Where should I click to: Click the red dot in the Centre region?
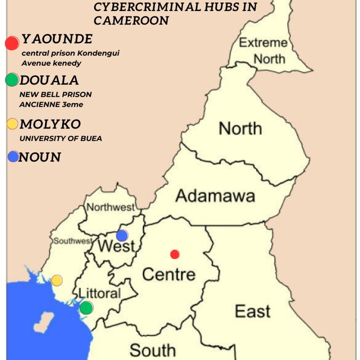(175, 254)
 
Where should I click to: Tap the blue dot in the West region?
(122, 235)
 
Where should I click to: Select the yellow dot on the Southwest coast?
(57, 280)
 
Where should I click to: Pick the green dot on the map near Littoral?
(86, 308)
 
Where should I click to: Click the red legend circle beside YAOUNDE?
(12, 43)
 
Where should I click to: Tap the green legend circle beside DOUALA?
(12, 80)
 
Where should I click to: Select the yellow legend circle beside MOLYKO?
(12, 124)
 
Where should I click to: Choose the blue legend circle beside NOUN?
(13, 156)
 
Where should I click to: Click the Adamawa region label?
(215, 196)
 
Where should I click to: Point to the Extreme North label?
(264, 51)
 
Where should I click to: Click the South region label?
(153, 350)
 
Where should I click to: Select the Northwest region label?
(111, 207)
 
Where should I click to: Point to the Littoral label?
(99, 293)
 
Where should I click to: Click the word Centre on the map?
(168, 274)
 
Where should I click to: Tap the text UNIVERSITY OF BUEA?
(60, 139)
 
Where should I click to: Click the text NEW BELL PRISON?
(55, 95)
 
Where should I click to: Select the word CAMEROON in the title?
(131, 21)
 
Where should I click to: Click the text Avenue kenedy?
(51, 63)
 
